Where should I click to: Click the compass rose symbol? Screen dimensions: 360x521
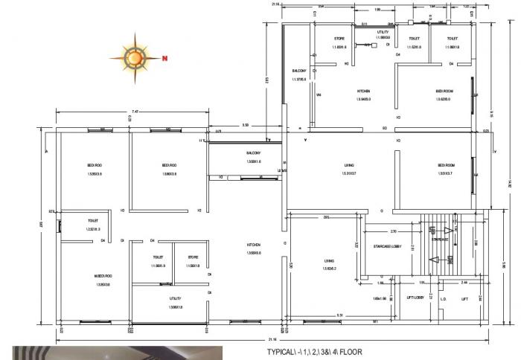click(x=136, y=57)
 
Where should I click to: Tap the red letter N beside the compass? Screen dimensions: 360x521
click(x=166, y=58)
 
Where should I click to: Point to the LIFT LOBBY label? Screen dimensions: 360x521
click(x=415, y=298)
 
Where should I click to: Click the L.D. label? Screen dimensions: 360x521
click(x=443, y=300)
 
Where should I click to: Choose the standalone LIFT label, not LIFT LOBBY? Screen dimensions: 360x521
click(x=464, y=299)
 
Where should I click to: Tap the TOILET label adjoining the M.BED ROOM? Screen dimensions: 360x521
click(x=93, y=221)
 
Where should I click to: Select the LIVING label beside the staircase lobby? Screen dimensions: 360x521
click(x=329, y=261)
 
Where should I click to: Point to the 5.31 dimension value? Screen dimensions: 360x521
click(x=339, y=315)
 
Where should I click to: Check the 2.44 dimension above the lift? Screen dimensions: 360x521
click(x=465, y=283)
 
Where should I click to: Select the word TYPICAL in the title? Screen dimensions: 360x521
click(x=281, y=353)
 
